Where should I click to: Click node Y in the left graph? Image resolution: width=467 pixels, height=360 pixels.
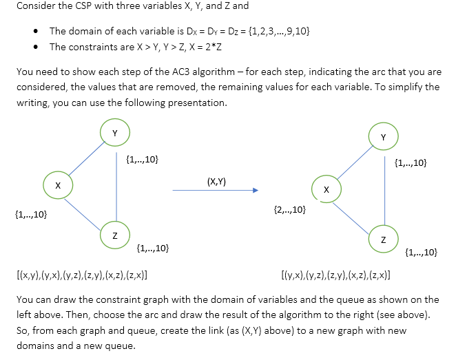(x=115, y=132)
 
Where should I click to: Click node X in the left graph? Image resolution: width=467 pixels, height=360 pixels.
(x=58, y=185)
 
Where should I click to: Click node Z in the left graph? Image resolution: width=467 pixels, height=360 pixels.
(x=115, y=235)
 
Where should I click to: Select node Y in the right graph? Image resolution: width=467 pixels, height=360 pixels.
(x=383, y=137)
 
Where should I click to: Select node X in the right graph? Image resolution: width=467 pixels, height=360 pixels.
(x=326, y=189)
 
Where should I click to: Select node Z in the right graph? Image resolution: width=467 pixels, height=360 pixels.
(x=383, y=239)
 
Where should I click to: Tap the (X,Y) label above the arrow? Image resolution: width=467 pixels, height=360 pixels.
(x=216, y=181)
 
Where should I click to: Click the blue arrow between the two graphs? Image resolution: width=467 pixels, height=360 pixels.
(x=216, y=191)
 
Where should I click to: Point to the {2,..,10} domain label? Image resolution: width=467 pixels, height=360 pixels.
(x=290, y=209)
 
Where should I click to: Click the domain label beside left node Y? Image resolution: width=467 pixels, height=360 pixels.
(x=143, y=160)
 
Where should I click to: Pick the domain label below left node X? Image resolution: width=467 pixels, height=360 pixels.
(x=31, y=215)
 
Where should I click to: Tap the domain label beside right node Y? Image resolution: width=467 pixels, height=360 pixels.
(x=411, y=163)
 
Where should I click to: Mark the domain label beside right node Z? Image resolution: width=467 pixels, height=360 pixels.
(x=422, y=253)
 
